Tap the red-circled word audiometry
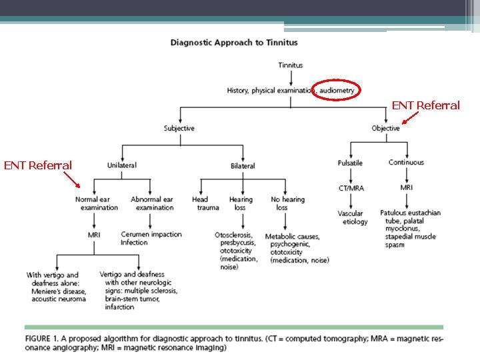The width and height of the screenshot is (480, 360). [336, 90]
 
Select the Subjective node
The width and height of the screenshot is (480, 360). [179, 128]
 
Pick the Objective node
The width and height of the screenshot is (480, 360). [385, 128]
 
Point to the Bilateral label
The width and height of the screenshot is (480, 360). [243, 165]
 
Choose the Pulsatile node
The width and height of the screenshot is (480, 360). [350, 163]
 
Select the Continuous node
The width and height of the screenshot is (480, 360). [406, 163]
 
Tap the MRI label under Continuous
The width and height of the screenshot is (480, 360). [406, 188]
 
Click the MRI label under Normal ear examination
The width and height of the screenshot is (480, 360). [94, 234]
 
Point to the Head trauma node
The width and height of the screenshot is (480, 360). [201, 203]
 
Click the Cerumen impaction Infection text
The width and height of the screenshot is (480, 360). [151, 238]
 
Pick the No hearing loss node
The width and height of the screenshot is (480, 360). [287, 203]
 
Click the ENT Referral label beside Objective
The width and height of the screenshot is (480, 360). [425, 105]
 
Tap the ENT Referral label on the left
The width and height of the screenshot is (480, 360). [37, 165]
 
